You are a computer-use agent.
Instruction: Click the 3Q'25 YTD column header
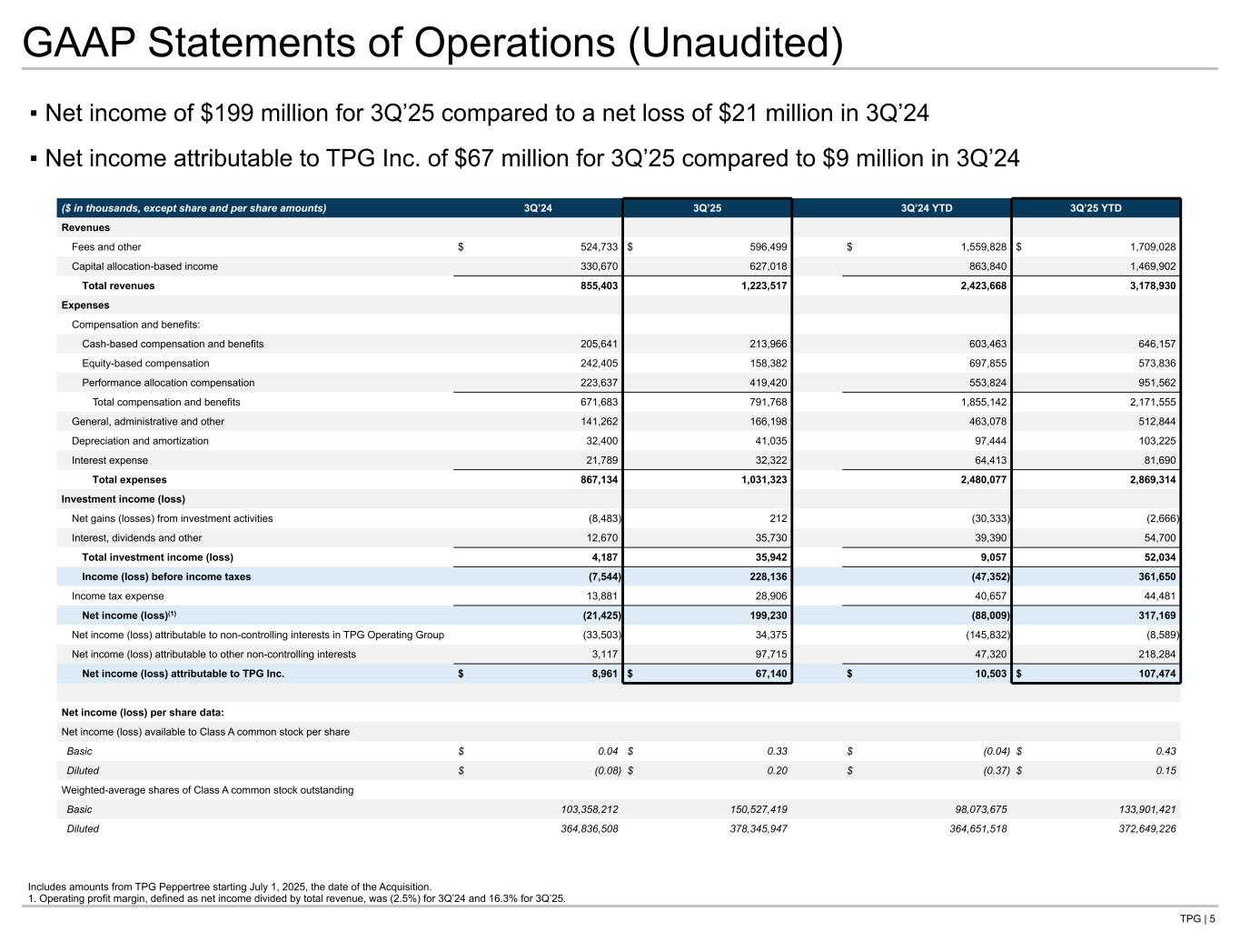[1096, 208]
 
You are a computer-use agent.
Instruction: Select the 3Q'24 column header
[538, 208]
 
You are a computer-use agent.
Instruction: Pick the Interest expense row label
[109, 460]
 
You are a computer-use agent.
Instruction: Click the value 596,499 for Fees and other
[762, 247]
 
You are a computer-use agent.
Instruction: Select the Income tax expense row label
[118, 596]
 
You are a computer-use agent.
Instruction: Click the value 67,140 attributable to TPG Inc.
[766, 674]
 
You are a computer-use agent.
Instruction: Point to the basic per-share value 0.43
[1166, 751]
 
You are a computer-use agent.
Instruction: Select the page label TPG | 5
[1197, 918]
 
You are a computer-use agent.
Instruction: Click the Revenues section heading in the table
[85, 228]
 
